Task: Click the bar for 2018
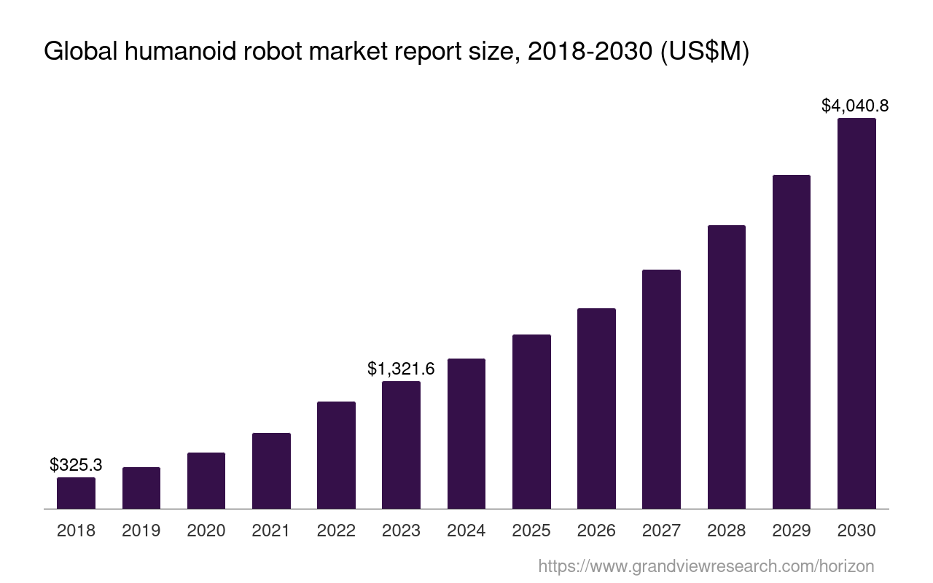click(76, 493)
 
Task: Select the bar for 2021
click(271, 471)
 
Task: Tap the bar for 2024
click(466, 434)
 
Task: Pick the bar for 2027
click(661, 389)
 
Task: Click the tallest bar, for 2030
click(856, 313)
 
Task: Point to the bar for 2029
click(791, 342)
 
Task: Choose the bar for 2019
click(141, 488)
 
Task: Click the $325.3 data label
click(76, 464)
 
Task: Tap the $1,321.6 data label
click(401, 369)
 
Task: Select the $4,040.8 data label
click(855, 106)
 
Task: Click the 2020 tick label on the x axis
click(206, 531)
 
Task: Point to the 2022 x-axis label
click(336, 531)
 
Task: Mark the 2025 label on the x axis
click(531, 531)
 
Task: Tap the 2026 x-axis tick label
click(596, 531)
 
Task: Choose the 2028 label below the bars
click(726, 531)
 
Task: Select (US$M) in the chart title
click(705, 52)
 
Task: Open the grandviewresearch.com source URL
click(706, 566)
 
